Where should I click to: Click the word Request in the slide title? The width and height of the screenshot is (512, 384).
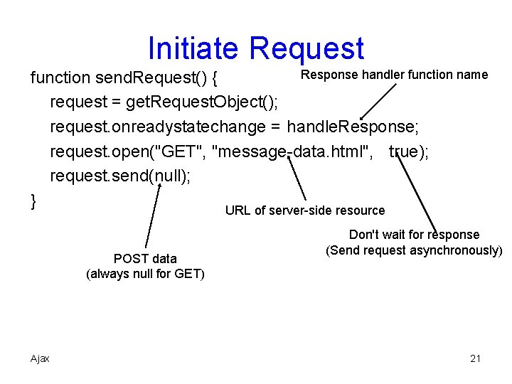(x=307, y=49)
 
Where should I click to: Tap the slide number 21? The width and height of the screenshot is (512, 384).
(x=476, y=358)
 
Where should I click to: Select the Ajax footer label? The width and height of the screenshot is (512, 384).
(x=40, y=358)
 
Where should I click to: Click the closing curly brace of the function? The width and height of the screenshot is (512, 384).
(x=33, y=202)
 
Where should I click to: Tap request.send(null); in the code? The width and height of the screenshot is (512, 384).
(x=119, y=176)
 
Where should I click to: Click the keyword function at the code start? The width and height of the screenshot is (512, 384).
(x=60, y=78)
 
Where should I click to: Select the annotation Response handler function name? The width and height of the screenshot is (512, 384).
(x=395, y=75)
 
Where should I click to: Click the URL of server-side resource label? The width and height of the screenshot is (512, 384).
(x=305, y=210)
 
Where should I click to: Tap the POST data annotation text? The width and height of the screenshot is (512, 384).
(x=145, y=258)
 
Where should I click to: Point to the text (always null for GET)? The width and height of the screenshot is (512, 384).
(x=145, y=274)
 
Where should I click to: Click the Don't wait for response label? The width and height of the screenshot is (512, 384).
(x=414, y=235)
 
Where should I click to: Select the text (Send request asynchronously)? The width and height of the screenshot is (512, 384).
(x=414, y=250)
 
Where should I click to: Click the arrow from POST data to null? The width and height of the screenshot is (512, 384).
(x=153, y=217)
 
